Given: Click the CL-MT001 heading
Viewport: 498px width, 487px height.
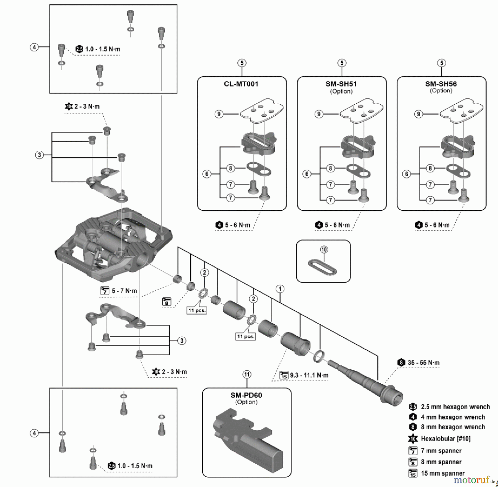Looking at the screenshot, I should [241, 84].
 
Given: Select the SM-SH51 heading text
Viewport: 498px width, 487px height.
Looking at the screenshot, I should [341, 84].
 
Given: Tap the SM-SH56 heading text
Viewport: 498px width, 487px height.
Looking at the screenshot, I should [441, 84].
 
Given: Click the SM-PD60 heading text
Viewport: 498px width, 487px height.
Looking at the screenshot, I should [246, 395].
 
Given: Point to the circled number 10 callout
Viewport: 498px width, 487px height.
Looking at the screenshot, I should [324, 250].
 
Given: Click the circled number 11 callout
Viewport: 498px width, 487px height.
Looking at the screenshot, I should [247, 375].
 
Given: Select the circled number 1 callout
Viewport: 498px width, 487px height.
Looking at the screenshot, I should [280, 289].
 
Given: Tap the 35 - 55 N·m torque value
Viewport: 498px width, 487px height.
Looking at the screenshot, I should [423, 363].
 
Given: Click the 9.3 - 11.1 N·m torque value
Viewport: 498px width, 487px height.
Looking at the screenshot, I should [309, 375].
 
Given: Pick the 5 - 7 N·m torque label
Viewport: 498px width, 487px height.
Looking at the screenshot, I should [124, 291].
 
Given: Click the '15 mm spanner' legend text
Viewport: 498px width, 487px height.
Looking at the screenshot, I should [443, 473].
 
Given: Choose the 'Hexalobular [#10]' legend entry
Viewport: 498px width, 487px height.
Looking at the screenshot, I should [445, 439].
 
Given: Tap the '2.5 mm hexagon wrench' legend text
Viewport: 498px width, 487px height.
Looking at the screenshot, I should [455, 407].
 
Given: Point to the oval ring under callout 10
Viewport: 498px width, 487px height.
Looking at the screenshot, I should [322, 267].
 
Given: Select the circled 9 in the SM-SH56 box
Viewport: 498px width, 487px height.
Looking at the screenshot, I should [418, 114].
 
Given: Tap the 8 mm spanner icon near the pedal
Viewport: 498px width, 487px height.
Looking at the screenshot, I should [167, 301].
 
